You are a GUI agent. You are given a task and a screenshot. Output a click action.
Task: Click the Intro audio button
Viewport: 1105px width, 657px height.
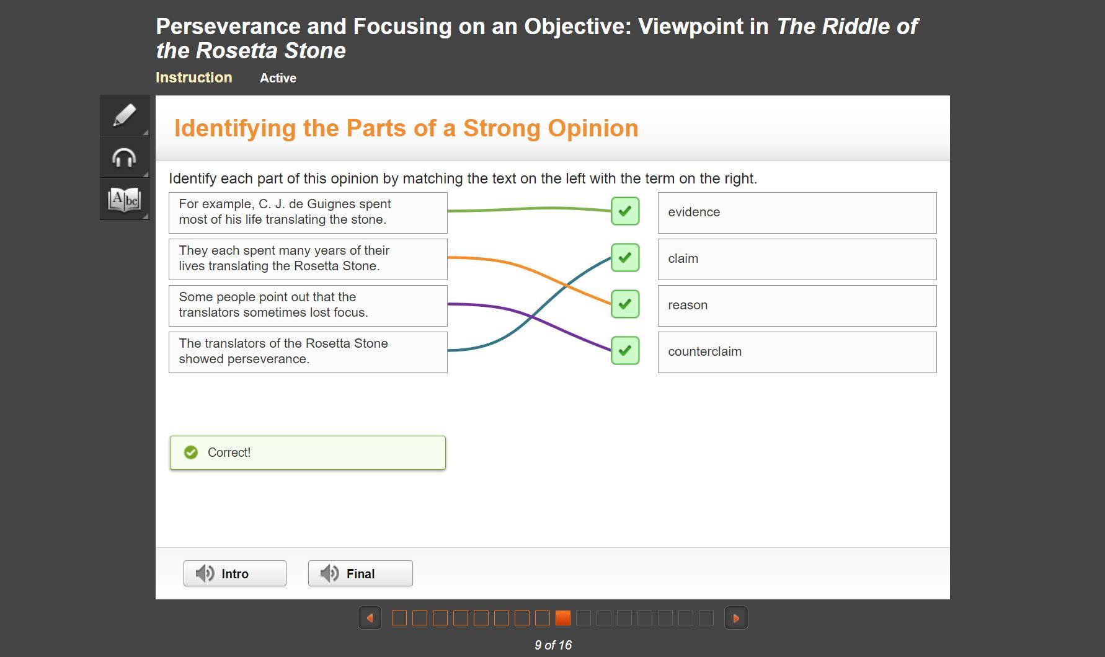[234, 573]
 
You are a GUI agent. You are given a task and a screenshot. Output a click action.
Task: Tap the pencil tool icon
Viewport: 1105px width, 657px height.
[125, 115]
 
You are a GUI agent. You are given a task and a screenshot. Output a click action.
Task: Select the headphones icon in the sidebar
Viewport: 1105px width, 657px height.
[124, 157]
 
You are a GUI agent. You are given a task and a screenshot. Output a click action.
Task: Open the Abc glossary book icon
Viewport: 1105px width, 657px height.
[124, 200]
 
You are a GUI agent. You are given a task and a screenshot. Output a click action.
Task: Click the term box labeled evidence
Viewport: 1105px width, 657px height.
[797, 213]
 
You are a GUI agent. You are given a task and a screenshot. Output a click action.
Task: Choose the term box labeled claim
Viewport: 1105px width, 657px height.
[797, 259]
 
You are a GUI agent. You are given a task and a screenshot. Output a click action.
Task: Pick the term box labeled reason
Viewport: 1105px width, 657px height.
[797, 306]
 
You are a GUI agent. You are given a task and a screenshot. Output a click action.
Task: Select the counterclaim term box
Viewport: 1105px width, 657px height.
[797, 352]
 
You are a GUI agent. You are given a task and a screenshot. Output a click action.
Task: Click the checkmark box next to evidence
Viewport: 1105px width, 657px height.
[625, 211]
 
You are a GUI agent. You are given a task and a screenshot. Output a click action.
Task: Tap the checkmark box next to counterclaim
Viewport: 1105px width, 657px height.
[625, 351]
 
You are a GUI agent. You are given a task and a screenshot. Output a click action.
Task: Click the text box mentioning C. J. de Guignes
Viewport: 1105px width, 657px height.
[308, 213]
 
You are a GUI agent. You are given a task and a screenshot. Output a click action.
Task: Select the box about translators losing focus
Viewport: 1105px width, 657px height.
[308, 306]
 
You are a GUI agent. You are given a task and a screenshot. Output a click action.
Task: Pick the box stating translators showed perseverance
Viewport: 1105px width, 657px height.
[308, 352]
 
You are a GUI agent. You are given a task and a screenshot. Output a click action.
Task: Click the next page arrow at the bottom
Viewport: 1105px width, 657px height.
[736, 618]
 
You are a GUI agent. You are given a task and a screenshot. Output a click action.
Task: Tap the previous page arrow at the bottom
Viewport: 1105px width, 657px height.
[370, 618]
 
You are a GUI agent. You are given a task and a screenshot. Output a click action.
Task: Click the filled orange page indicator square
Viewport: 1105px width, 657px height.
[563, 618]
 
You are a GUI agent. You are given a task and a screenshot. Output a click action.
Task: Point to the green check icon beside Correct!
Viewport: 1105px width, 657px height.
[191, 452]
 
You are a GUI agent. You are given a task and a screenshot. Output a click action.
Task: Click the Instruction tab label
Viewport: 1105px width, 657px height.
[194, 77]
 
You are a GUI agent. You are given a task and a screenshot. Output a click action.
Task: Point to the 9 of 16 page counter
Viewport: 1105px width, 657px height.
[553, 645]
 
